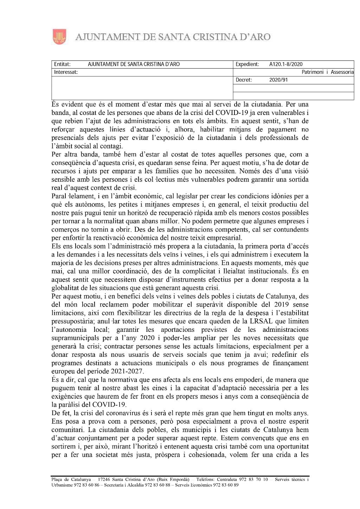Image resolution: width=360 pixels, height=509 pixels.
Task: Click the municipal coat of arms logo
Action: click(x=59, y=37)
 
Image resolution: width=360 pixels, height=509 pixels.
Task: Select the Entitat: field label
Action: click(x=62, y=64)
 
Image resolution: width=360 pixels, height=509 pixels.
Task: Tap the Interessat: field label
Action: click(x=66, y=72)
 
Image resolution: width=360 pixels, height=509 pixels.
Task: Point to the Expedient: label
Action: click(x=247, y=64)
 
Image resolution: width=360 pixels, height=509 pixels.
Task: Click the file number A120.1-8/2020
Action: click(x=285, y=64)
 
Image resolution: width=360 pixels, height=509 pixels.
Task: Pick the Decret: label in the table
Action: click(x=244, y=80)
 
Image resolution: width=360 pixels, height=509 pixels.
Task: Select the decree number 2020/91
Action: click(x=278, y=80)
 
